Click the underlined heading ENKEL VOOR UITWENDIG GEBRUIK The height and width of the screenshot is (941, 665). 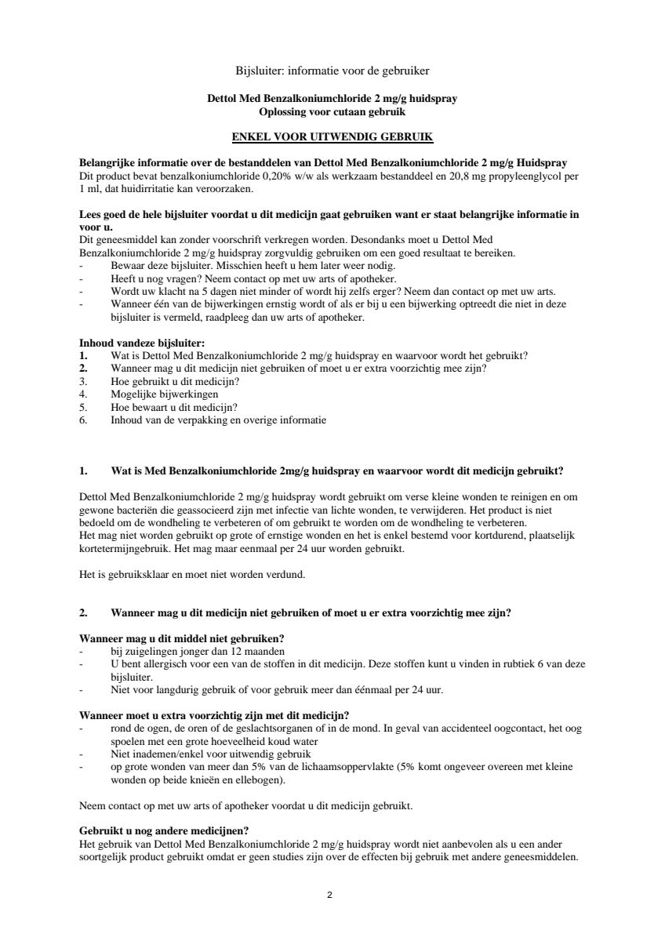coord(332,136)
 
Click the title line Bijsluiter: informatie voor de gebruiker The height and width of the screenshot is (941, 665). coord(332,71)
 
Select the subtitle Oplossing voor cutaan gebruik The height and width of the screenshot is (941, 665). coord(332,112)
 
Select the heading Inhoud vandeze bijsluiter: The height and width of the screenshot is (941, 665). coord(142,343)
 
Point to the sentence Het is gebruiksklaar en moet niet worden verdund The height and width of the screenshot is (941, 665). coord(192,574)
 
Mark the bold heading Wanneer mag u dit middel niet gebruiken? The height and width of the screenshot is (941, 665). coord(182,639)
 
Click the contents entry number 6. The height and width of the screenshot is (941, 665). coord(83,420)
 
